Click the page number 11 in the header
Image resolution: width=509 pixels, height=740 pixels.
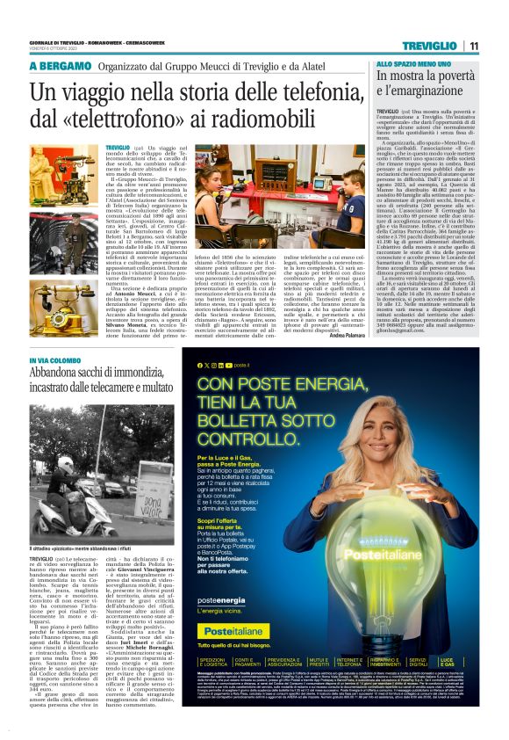click(x=473, y=46)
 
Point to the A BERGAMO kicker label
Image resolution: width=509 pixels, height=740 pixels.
click(x=60, y=67)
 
